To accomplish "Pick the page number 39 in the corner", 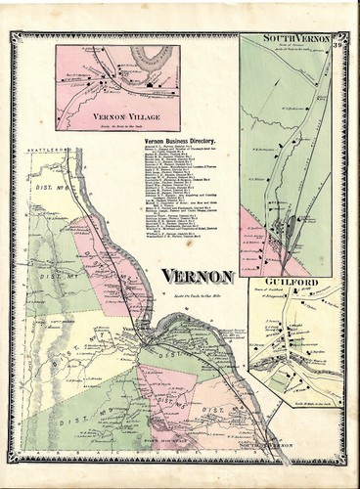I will [336, 39].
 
